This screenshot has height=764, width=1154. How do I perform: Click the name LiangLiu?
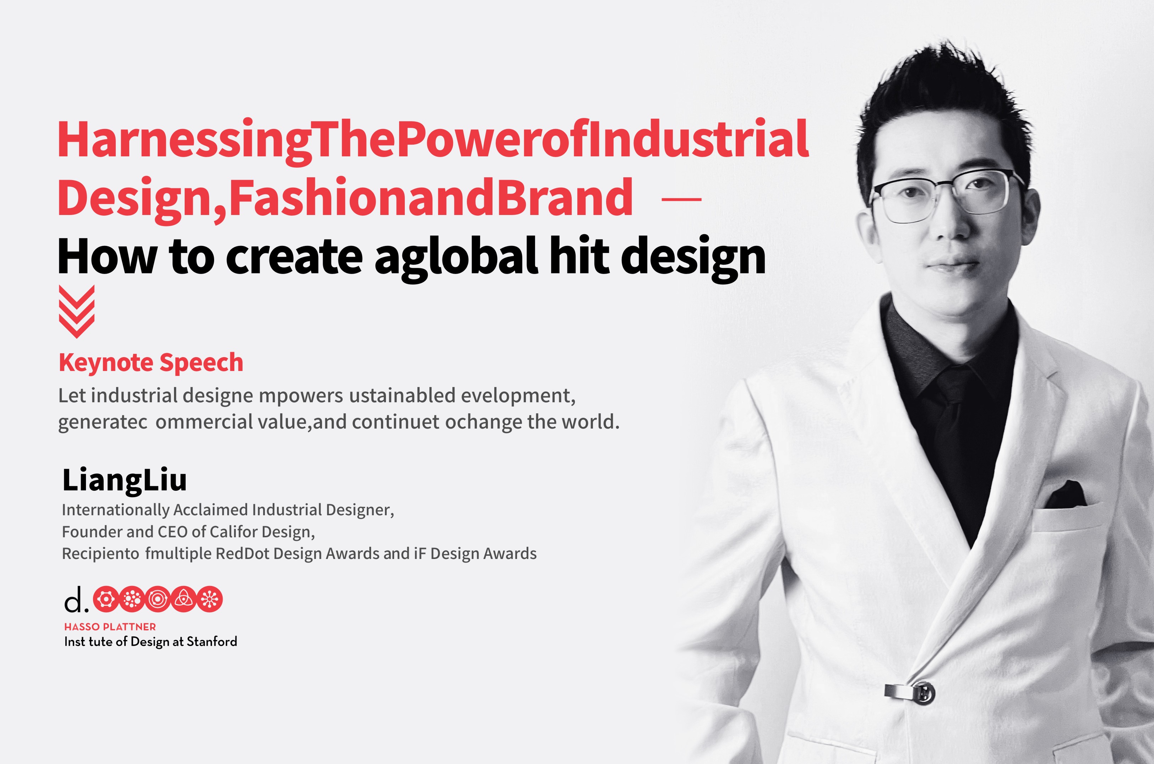[x=125, y=480]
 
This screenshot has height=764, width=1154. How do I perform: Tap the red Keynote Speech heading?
[x=151, y=362]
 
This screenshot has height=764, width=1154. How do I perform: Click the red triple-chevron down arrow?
[x=76, y=312]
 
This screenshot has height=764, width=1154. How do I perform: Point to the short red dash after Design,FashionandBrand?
[x=682, y=199]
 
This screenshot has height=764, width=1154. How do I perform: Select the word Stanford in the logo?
[x=212, y=642]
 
